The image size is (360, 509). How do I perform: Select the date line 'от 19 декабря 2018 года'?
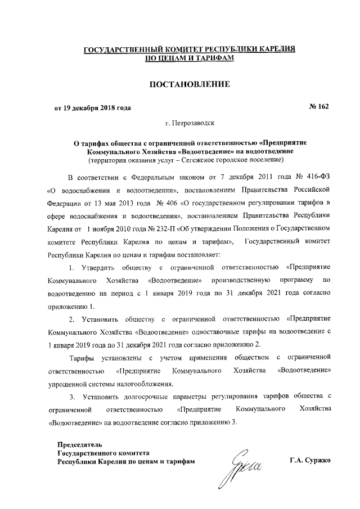click(93, 107)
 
